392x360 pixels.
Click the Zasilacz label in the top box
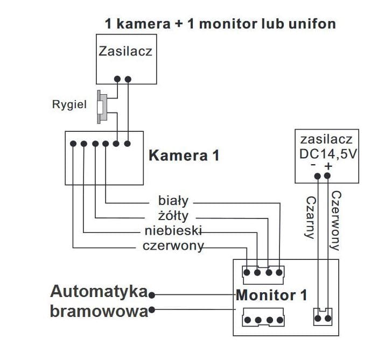pyautogui.click(x=125, y=52)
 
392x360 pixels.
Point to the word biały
pyautogui.click(x=173, y=202)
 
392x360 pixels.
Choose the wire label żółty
pyautogui.click(x=173, y=217)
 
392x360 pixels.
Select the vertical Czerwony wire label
pyautogui.click(x=335, y=221)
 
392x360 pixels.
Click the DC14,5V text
pyautogui.click(x=328, y=154)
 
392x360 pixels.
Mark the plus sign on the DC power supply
pyautogui.click(x=328, y=166)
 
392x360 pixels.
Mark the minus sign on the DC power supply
pyautogui.click(x=313, y=166)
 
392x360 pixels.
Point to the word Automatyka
pyautogui.click(x=99, y=292)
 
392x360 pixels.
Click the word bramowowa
pyautogui.click(x=99, y=311)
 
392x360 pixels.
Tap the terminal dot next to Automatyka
pyautogui.click(x=152, y=294)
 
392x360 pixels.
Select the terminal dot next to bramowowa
pyautogui.click(x=152, y=310)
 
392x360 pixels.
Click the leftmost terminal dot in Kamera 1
pyautogui.click(x=73, y=144)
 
